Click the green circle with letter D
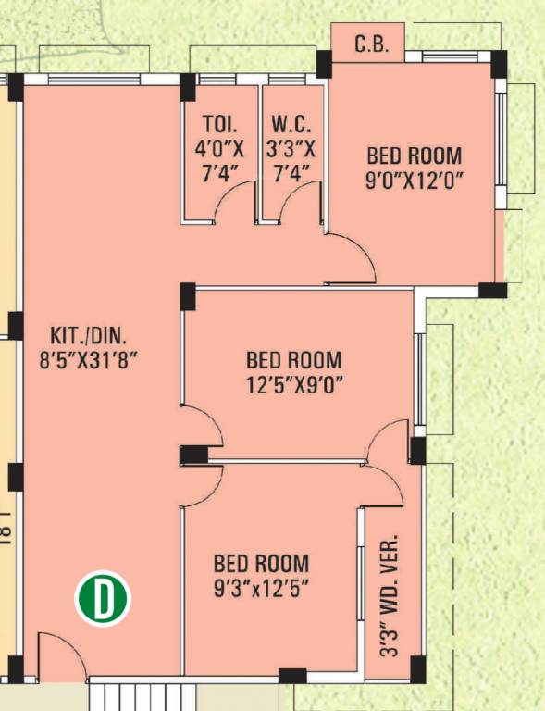pyautogui.click(x=103, y=598)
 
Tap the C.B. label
pyautogui.click(x=371, y=44)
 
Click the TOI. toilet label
pyautogui.click(x=219, y=123)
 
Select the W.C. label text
pyautogui.click(x=291, y=123)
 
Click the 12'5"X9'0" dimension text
pyautogui.click(x=294, y=386)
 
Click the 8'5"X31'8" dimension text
pyautogui.click(x=88, y=362)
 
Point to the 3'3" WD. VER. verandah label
pyautogui.click(x=390, y=595)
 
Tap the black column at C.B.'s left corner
pyautogui.click(x=324, y=64)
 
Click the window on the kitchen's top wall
pyautogui.click(x=94, y=80)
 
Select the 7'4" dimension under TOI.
pyautogui.click(x=219, y=173)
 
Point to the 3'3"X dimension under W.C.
pyautogui.click(x=291, y=148)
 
